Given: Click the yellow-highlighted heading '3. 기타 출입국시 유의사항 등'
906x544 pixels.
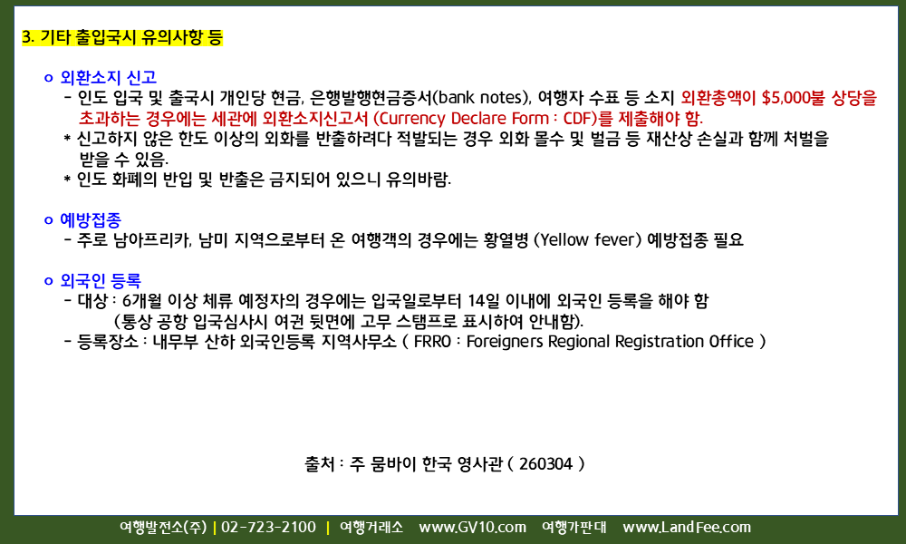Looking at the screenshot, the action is pos(122,37).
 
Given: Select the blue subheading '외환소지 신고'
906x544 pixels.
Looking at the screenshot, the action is pos(109,77).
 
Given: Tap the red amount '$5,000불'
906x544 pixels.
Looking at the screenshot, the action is pos(794,98).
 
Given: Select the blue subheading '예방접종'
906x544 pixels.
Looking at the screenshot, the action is pos(91,219).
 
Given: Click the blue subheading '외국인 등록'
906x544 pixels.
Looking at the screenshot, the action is pos(101,281).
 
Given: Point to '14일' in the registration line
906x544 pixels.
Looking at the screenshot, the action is pos(484,301).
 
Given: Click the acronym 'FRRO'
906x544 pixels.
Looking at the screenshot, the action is pos(432,342).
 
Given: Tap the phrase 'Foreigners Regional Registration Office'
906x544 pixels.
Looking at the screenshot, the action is pos(610,342).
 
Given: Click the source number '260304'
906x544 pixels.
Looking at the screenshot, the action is pos(545,464).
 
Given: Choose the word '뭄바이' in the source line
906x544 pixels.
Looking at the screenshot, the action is pos(393,464).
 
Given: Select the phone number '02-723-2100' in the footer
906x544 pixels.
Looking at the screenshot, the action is pos(269,528).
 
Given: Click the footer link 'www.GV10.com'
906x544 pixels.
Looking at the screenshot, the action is pos(473,528).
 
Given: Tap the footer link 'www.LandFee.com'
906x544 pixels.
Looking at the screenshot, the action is pos(687,528).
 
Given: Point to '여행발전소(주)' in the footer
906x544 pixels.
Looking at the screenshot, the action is pos(163,528).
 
